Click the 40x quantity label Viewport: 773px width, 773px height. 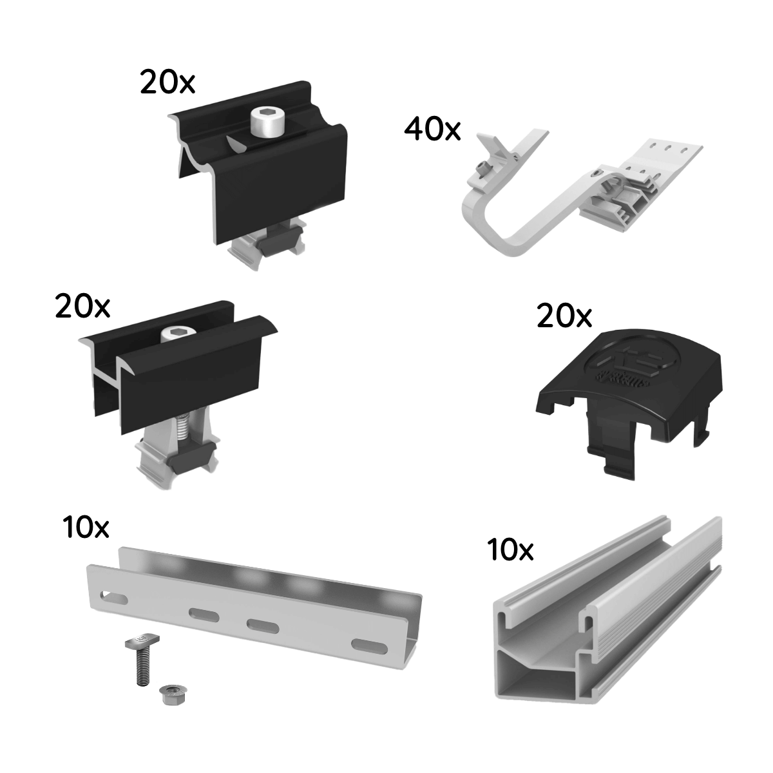click(432, 129)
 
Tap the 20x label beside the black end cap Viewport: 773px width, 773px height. click(564, 317)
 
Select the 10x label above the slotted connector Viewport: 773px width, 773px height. click(86, 528)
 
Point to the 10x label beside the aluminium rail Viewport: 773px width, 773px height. click(511, 550)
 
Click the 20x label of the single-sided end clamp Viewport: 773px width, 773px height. click(167, 83)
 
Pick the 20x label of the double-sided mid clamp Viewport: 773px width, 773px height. click(82, 307)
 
